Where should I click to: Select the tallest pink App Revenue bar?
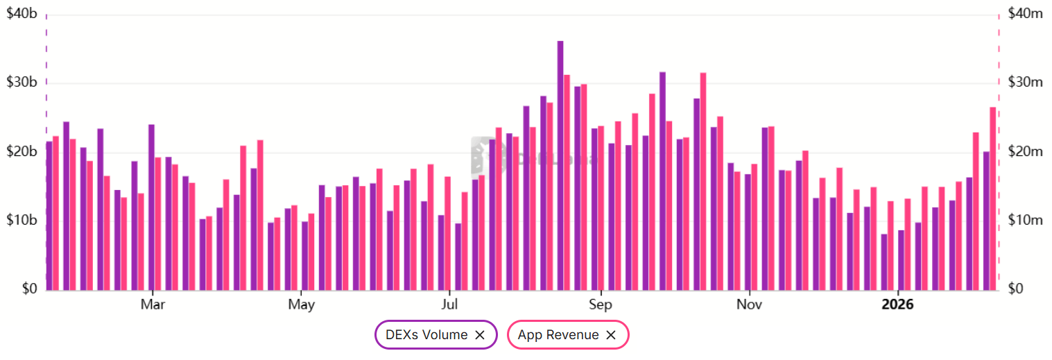tap(703, 181)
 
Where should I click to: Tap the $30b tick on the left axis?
tap(21, 83)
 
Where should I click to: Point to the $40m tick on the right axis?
tap(1026, 13)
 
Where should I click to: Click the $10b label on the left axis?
tap(21, 221)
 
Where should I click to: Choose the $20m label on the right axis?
tap(1026, 152)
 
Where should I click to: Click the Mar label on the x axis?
tap(152, 305)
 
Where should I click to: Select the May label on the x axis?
tap(301, 305)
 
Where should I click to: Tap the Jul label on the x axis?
tap(450, 305)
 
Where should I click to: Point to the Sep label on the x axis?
tap(600, 305)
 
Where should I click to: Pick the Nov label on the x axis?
tap(749, 305)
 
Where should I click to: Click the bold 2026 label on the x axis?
tap(897, 305)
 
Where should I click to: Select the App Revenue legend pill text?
tap(558, 335)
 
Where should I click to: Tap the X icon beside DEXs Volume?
tap(479, 335)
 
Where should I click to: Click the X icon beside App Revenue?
tap(611, 335)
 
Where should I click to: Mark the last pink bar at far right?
tap(993, 198)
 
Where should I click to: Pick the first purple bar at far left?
tap(49, 216)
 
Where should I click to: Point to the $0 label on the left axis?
tap(28, 289)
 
